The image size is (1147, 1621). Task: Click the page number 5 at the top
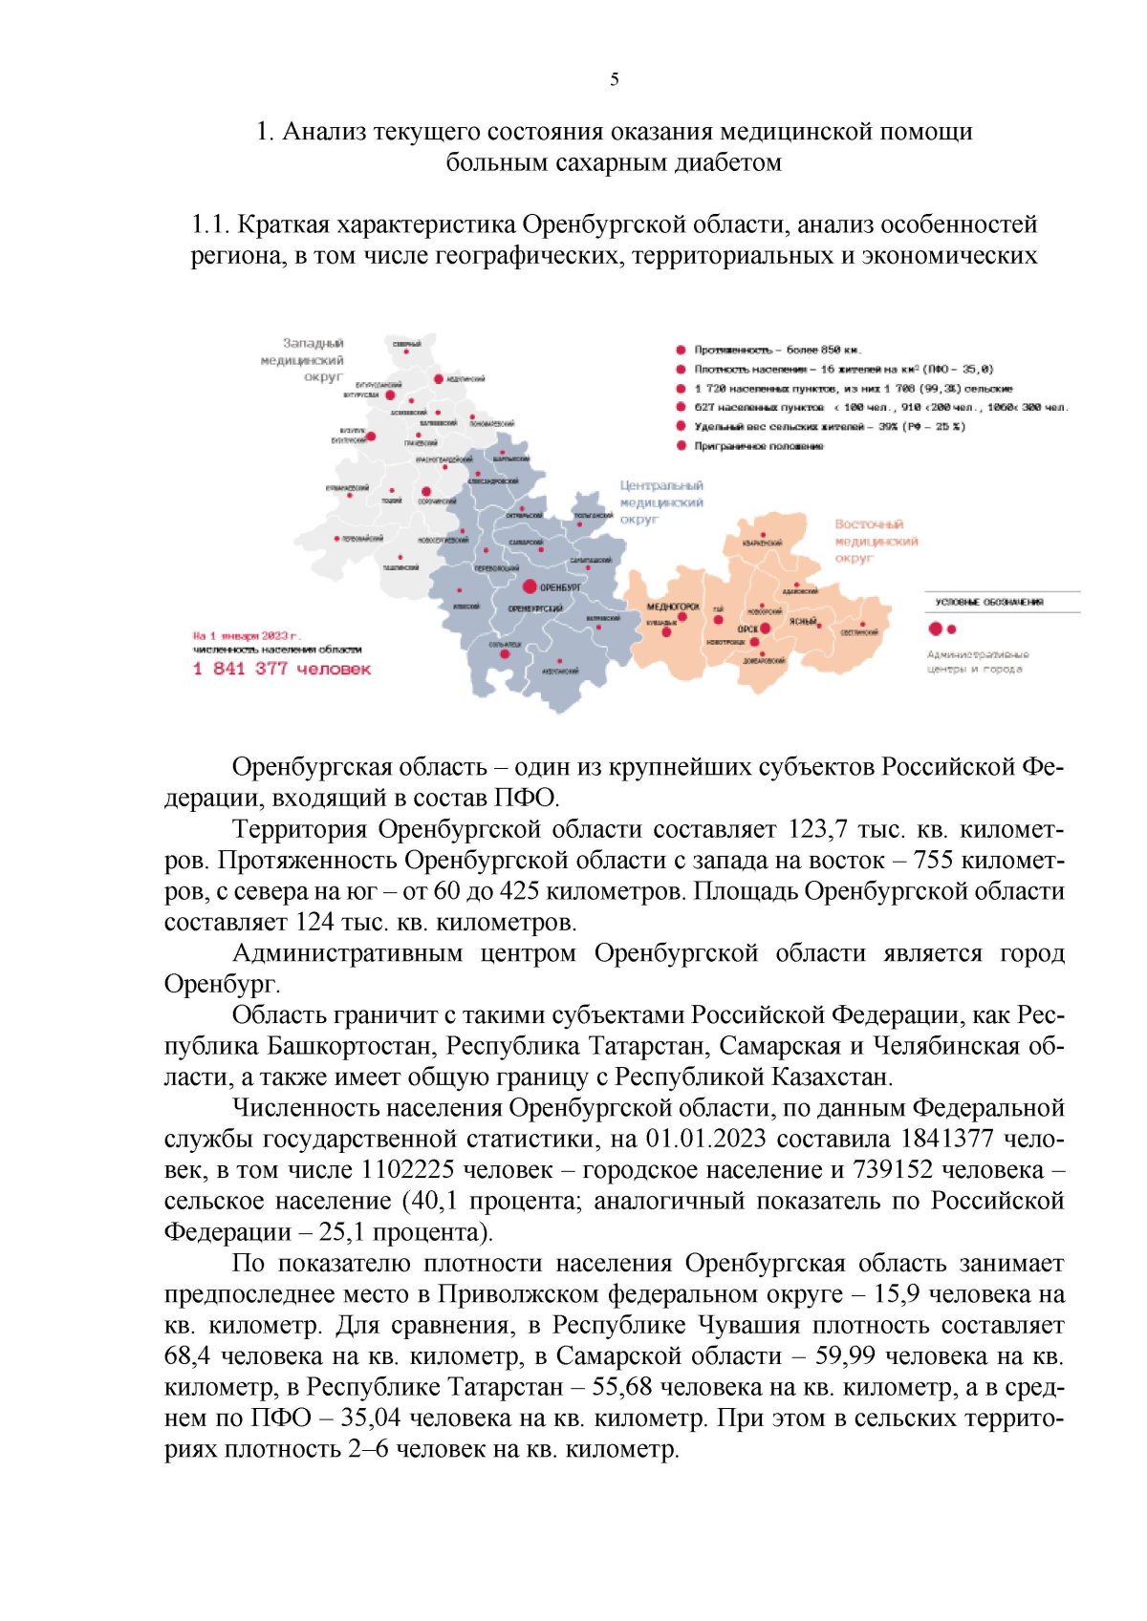pos(614,79)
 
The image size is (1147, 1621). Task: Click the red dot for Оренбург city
pos(530,587)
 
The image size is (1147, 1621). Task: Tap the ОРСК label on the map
pos(747,629)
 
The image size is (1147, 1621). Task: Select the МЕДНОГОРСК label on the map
pos(673,607)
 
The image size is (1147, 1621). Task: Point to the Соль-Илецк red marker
pos(505,654)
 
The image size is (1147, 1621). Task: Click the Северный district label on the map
pos(406,344)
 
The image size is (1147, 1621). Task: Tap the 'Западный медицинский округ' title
pos(303,359)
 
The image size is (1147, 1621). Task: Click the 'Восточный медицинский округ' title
pos(875,541)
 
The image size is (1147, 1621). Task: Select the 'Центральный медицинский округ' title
pos(660,502)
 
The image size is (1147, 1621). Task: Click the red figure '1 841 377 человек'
pos(282,669)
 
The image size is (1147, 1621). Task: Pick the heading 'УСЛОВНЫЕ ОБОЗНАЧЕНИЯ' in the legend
pos(988,602)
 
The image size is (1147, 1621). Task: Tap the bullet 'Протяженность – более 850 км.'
pos(777,350)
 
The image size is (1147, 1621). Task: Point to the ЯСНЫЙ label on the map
pos(802,622)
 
